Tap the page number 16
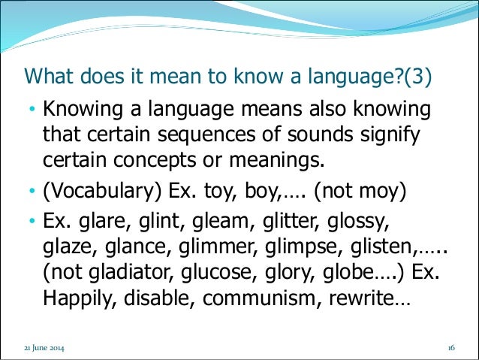pyautogui.click(x=451, y=349)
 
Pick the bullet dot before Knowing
pyautogui.click(x=32, y=110)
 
